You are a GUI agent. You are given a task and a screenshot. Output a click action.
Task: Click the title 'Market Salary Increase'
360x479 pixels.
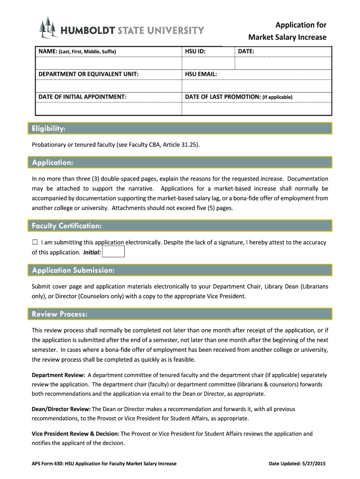click(287, 37)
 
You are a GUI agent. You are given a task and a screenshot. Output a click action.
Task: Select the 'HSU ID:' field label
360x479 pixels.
click(195, 51)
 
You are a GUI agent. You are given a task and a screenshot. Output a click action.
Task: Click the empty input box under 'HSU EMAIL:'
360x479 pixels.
click(256, 86)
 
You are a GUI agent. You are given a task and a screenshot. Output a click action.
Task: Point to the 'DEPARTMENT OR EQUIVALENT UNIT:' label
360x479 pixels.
click(88, 74)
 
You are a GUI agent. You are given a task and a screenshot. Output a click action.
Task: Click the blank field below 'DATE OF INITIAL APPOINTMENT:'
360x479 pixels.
click(108, 109)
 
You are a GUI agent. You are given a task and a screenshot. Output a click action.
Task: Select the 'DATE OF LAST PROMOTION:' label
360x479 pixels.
click(223, 97)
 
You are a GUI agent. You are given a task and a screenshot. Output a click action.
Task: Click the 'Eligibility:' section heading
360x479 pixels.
click(49, 129)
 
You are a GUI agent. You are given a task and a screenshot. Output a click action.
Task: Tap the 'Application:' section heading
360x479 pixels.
click(52, 163)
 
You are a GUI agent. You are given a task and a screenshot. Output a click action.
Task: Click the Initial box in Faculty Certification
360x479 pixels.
click(113, 252)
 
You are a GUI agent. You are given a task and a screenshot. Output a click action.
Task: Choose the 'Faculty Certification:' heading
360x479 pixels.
click(66, 226)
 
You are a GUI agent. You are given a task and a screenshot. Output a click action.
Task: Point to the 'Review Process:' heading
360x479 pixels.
click(59, 314)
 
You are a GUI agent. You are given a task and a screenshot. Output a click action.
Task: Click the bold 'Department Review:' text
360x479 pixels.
click(58, 375)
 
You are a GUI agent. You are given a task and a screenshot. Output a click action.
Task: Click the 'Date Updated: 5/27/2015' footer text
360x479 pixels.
click(297, 464)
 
